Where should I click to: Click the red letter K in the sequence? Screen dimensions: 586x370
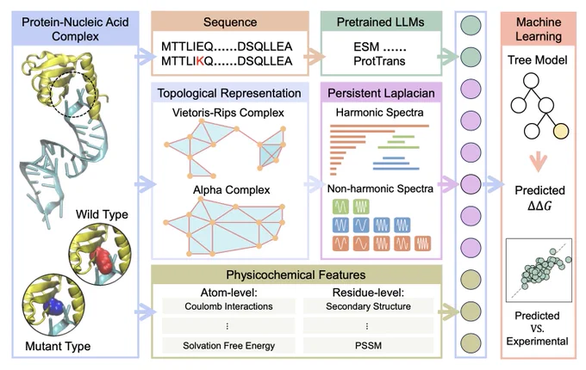coord(200,61)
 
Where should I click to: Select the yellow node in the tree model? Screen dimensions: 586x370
coord(561,131)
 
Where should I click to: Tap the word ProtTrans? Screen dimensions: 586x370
coord(379,61)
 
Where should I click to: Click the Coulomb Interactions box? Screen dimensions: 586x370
coord(228,306)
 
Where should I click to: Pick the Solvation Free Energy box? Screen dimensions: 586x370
coord(228,346)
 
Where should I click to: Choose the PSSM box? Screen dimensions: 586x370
coord(368,346)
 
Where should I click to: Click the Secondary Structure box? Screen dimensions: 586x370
coord(368,306)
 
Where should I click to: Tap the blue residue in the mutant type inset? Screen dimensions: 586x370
coord(53,305)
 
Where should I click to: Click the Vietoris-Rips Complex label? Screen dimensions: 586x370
coord(228,113)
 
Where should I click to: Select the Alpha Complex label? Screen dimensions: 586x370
coord(231,190)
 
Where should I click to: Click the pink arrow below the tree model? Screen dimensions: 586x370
coord(538,162)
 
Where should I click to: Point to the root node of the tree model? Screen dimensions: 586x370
coord(531,81)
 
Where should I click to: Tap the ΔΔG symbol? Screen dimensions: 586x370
coord(539,206)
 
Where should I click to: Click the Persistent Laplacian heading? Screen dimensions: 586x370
coord(381,93)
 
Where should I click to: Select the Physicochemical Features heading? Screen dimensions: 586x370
coord(296,274)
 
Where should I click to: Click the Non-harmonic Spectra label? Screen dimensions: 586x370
coord(380,188)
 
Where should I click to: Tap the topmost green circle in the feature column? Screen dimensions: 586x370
coord(471,25)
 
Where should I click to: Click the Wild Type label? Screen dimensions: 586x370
coord(102,214)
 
